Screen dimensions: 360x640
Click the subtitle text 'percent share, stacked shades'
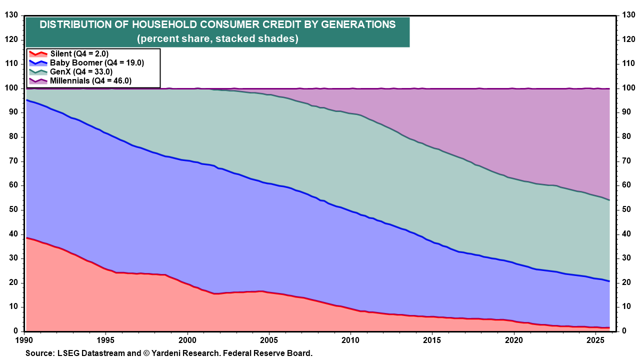point(218,39)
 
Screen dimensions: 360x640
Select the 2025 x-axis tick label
point(593,339)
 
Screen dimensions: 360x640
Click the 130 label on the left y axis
point(11,15)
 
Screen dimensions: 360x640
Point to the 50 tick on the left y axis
point(13,209)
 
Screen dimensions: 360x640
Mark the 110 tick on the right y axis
point(628,64)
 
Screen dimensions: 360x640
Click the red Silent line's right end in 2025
point(608,328)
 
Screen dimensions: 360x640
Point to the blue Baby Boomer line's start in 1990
point(26,100)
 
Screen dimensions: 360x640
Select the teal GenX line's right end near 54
point(608,200)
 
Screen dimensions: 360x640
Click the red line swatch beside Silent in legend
point(37,54)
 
